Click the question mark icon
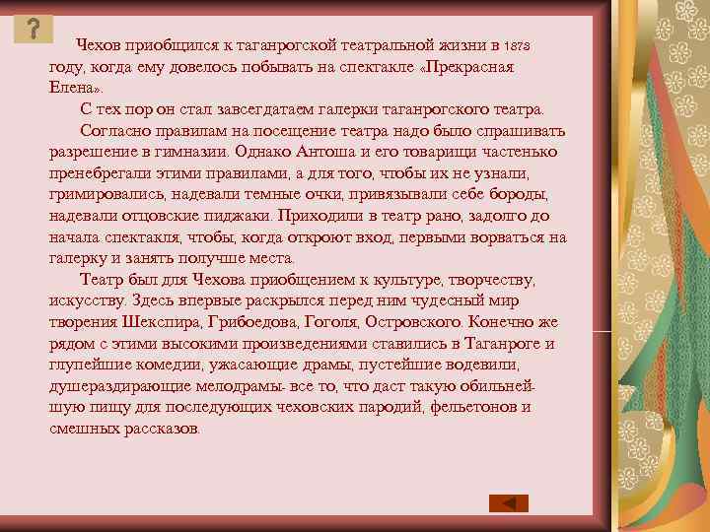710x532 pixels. [35, 28]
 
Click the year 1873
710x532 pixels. [517, 47]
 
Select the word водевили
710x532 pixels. [503, 365]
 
